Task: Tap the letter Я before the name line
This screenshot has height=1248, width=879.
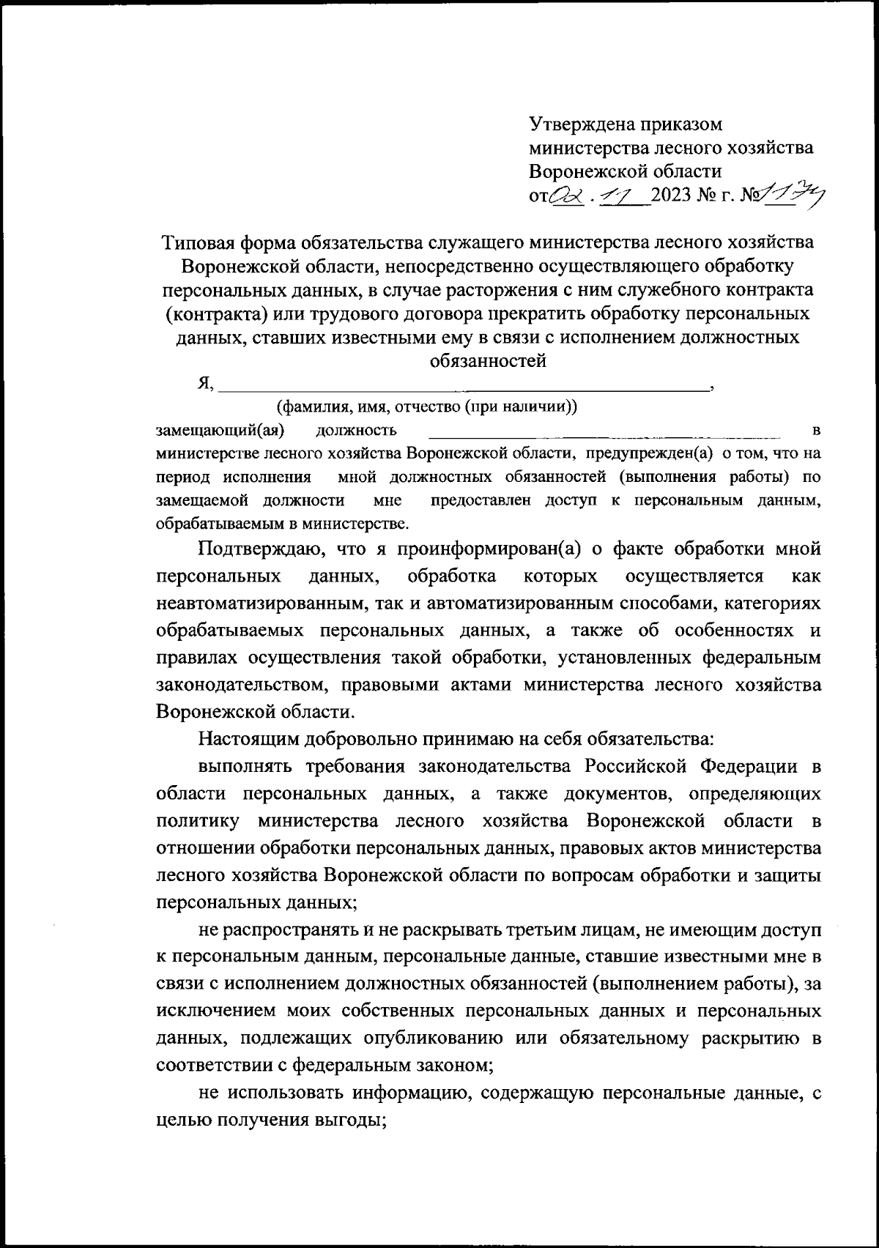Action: [205, 383]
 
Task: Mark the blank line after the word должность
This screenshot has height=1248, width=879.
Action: [604, 432]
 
